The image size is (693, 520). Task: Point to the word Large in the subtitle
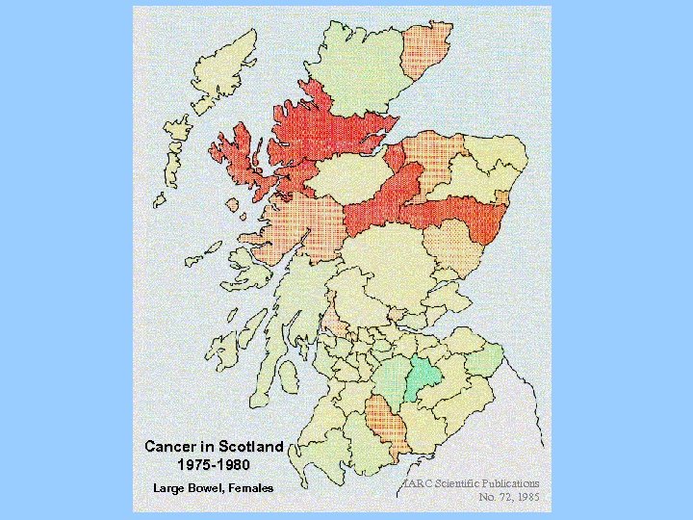(x=169, y=488)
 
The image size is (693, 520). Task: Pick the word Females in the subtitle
(x=250, y=488)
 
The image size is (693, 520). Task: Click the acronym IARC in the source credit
(x=416, y=482)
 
